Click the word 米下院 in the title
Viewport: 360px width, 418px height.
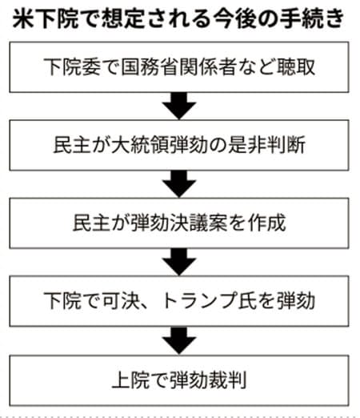pyautogui.click(x=46, y=18)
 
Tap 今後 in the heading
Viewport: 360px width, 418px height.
pyautogui.click(x=234, y=18)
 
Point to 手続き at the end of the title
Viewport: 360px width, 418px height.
pyautogui.click(x=312, y=18)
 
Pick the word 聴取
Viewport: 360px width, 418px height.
pyautogui.click(x=296, y=66)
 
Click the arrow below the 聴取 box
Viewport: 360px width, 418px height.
pyautogui.click(x=179, y=106)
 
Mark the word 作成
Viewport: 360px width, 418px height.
pyautogui.click(x=266, y=223)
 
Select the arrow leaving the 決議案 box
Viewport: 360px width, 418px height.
pyautogui.click(x=179, y=262)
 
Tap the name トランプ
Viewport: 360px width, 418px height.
pyautogui.click(x=199, y=301)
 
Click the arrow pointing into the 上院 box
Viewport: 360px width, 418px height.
pyautogui.click(x=179, y=340)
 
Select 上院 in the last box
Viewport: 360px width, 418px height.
pyautogui.click(x=130, y=380)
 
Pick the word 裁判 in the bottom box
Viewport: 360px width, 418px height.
pyautogui.click(x=227, y=380)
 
